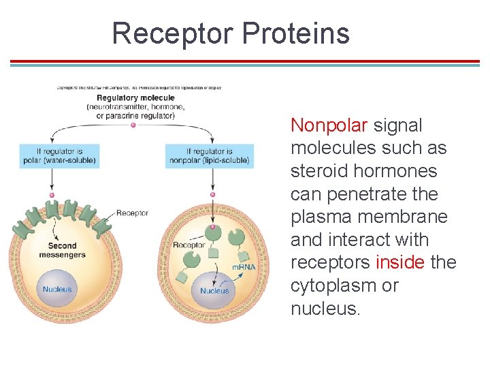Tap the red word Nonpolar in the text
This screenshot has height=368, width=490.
[x=329, y=125]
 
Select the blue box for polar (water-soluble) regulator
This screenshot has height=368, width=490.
[x=58, y=156]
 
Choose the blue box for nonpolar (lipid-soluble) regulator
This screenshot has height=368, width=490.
[x=210, y=156]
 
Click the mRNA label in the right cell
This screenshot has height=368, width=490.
[x=244, y=266]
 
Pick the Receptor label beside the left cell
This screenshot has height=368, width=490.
[x=132, y=213]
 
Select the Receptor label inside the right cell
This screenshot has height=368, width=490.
[x=189, y=245]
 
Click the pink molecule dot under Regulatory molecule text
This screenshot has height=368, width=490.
[x=133, y=125]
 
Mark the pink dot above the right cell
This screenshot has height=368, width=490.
[x=213, y=194]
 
